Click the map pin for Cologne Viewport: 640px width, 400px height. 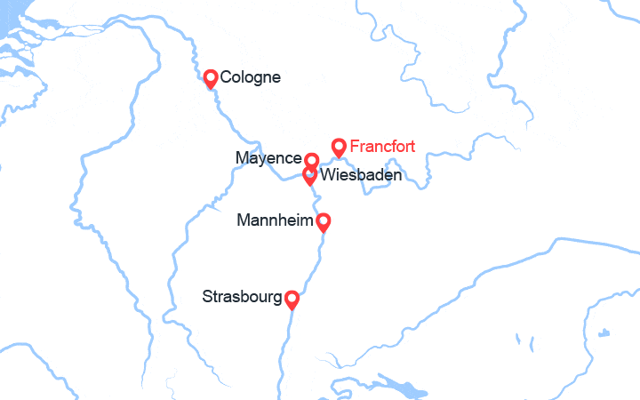(x=211, y=78)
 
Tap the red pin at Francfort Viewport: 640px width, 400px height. (x=339, y=147)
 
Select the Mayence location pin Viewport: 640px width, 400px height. (x=311, y=160)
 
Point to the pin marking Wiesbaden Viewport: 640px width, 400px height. (x=309, y=174)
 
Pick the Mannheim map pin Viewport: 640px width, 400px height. (x=324, y=221)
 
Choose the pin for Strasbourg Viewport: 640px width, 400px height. (x=291, y=299)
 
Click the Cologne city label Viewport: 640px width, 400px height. (x=250, y=77)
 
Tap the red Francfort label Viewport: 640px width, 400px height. (x=382, y=146)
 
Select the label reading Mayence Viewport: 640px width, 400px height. (x=268, y=158)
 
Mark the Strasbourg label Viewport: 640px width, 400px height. (x=242, y=296)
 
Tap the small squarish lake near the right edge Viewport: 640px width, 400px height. (x=604, y=333)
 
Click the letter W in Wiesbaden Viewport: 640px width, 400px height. (x=326, y=176)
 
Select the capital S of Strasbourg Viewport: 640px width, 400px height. (x=208, y=296)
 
